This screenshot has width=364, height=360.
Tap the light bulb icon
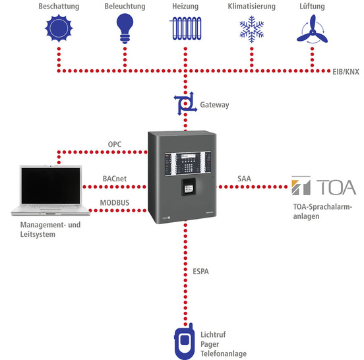(x=123, y=30)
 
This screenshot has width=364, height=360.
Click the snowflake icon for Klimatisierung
(x=250, y=30)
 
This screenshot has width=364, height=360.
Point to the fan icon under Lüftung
(x=313, y=30)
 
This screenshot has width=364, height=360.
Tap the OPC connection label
(x=115, y=144)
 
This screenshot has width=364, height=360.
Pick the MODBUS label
(x=115, y=203)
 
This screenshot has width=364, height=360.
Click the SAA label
(x=244, y=178)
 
